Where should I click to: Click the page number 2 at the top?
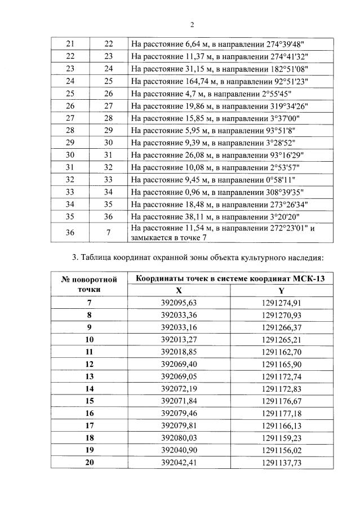192,24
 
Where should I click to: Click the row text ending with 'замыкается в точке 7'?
223,233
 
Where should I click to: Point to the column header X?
179,291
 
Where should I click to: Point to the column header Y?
281,291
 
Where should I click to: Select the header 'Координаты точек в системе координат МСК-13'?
230,278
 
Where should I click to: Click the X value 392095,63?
179,303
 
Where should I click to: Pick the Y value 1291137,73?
281,462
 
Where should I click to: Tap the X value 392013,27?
179,340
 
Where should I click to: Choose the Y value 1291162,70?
281,352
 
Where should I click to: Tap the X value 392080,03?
179,437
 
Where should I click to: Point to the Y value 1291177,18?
281,413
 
